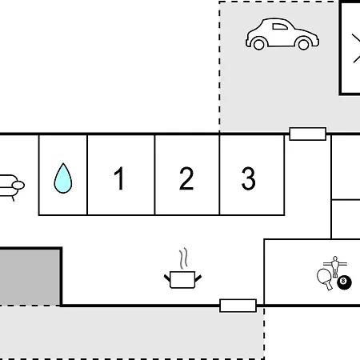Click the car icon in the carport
tap(282, 34)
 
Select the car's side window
tap(280, 26)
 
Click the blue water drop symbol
tap(63, 178)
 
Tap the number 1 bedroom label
tap(119, 178)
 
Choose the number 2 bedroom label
tap(186, 178)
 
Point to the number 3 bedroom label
tap(248, 178)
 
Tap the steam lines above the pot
tap(183, 258)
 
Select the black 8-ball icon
tap(344, 282)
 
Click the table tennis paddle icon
tap(325, 279)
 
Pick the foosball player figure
tap(335, 266)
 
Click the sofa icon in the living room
tap(10, 186)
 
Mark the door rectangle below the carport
tap(308, 134)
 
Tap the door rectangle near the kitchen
tap(238, 306)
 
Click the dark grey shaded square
tap(30, 277)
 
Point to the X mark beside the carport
tap(356, 49)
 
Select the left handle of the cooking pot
tap(167, 278)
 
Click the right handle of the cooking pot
tap(198, 278)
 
